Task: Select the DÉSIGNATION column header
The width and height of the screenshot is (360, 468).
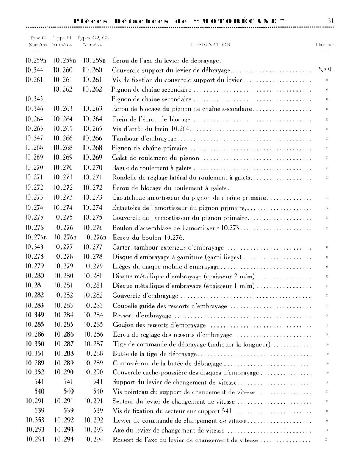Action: (x=210, y=45)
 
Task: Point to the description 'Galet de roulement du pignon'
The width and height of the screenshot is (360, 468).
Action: (x=156, y=158)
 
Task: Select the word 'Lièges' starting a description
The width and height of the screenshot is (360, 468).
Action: (x=121, y=266)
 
